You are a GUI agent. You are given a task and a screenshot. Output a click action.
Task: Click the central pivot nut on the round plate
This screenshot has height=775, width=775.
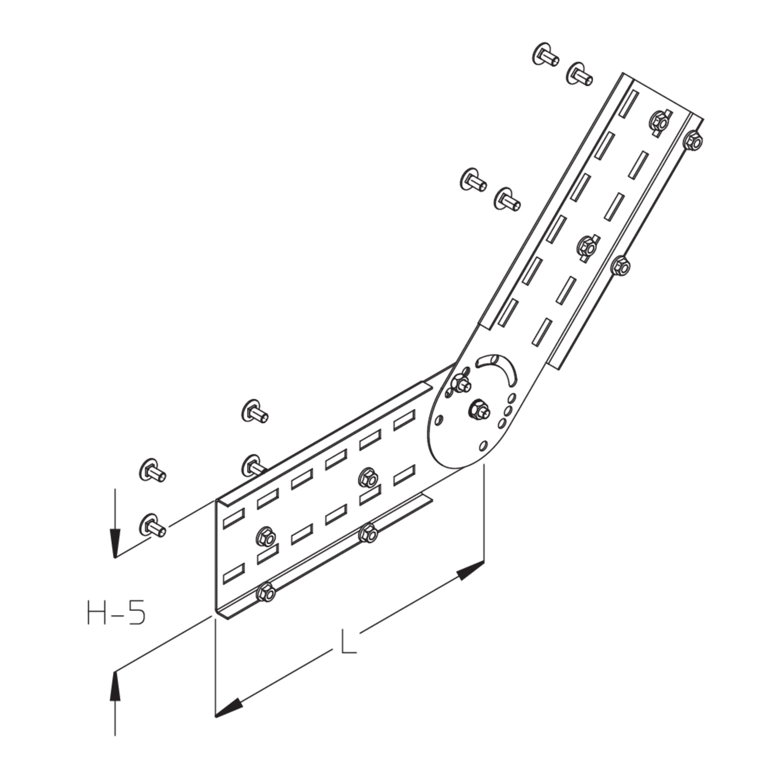[479, 409]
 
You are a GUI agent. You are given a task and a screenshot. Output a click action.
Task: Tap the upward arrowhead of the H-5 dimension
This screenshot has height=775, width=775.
[116, 686]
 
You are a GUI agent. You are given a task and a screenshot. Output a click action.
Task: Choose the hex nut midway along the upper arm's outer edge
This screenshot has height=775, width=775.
[620, 265]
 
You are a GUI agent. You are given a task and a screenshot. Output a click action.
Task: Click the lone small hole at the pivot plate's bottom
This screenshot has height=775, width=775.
[483, 445]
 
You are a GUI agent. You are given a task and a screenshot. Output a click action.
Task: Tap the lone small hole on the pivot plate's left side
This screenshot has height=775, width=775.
[439, 419]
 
